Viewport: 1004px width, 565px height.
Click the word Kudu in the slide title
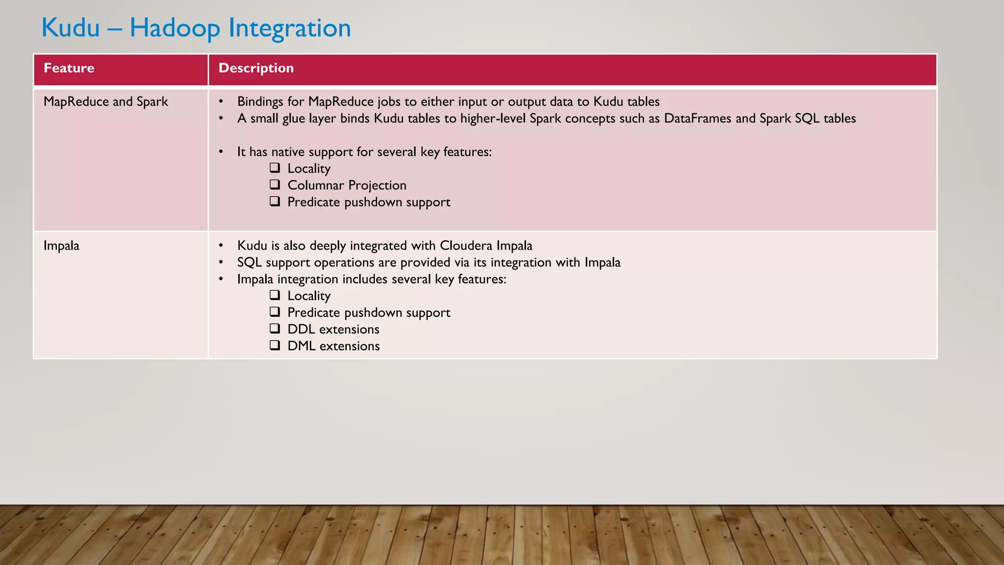(x=71, y=27)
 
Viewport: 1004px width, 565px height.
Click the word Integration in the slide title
(x=290, y=28)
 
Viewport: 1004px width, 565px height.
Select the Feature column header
(x=69, y=68)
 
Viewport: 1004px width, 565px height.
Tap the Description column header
(x=256, y=68)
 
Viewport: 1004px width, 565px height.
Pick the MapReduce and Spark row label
(x=105, y=102)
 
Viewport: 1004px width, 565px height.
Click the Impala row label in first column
(x=61, y=246)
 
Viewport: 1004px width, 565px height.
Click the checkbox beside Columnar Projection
(x=275, y=185)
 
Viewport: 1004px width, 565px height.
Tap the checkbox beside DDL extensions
(x=275, y=329)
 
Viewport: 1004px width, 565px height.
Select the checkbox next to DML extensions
(x=275, y=345)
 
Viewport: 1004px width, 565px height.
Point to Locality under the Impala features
(x=309, y=296)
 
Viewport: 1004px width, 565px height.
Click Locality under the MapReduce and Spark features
(x=309, y=169)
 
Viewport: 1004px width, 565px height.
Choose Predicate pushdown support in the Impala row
(x=369, y=312)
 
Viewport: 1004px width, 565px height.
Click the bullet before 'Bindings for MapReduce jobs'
(x=221, y=102)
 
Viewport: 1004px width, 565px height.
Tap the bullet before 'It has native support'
(x=221, y=152)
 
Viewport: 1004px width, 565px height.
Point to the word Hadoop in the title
(x=175, y=28)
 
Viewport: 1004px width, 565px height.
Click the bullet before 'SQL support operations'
(x=221, y=262)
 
